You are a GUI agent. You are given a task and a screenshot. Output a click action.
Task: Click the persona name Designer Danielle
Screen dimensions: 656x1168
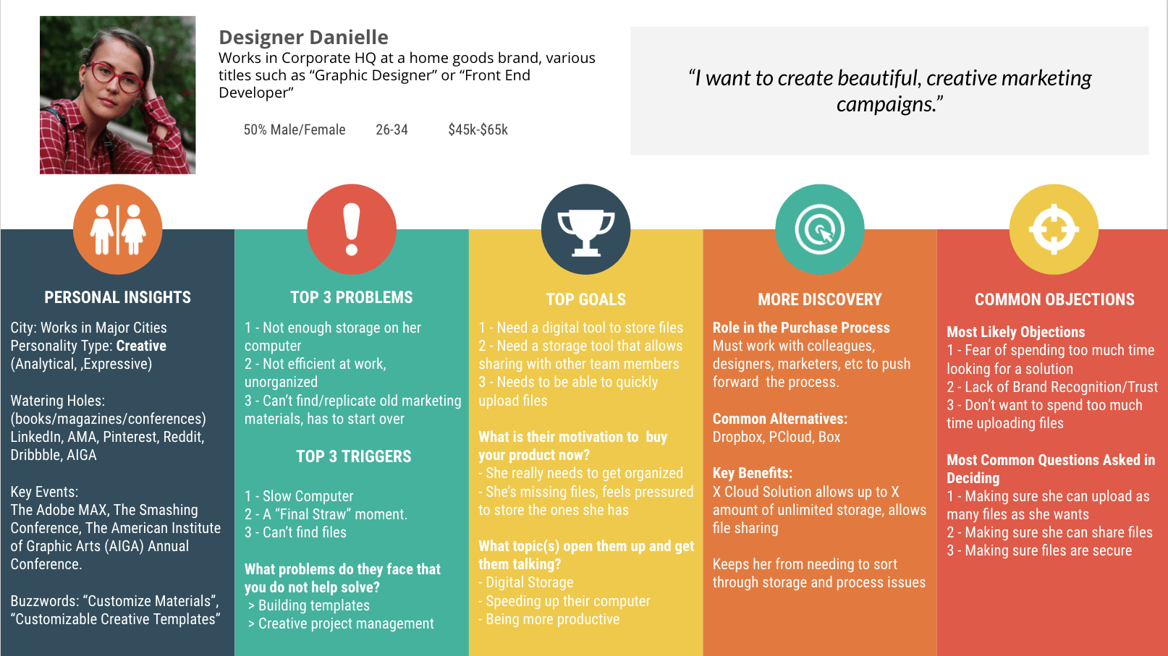[303, 37]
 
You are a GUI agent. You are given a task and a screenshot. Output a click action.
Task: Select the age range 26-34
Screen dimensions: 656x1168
[392, 130]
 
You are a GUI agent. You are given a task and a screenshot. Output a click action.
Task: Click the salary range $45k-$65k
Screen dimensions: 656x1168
[478, 130]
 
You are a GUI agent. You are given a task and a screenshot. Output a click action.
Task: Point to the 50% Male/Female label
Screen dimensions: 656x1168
[294, 130]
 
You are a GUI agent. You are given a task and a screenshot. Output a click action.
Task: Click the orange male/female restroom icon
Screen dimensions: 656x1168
[117, 229]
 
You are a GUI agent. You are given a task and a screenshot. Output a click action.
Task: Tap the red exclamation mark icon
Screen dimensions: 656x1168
[352, 229]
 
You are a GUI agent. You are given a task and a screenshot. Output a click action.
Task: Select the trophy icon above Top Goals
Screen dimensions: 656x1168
[585, 229]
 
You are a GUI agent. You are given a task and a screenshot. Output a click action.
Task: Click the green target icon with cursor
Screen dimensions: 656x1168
[819, 229]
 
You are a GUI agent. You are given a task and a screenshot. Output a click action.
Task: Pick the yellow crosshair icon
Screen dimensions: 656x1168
[1054, 229]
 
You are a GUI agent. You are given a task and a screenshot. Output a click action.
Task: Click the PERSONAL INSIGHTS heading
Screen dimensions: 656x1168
[117, 297]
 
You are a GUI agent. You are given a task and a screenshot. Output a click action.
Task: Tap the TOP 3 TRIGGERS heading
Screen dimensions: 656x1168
[353, 456]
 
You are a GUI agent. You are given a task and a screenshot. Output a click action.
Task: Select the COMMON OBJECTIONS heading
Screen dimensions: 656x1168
[1054, 299]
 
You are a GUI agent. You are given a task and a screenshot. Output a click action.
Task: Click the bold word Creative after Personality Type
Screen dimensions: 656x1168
[141, 346]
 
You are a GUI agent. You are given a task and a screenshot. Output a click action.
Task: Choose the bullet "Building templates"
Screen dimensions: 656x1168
[313, 605]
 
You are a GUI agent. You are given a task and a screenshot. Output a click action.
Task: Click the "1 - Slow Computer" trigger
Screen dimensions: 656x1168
[299, 496]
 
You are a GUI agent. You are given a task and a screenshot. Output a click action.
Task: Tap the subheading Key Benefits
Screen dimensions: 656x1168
[752, 473]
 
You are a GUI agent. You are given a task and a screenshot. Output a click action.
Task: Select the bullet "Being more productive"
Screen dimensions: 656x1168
[552, 619]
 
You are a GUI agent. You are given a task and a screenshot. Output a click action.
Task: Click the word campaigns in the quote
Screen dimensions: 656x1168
[884, 104]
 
